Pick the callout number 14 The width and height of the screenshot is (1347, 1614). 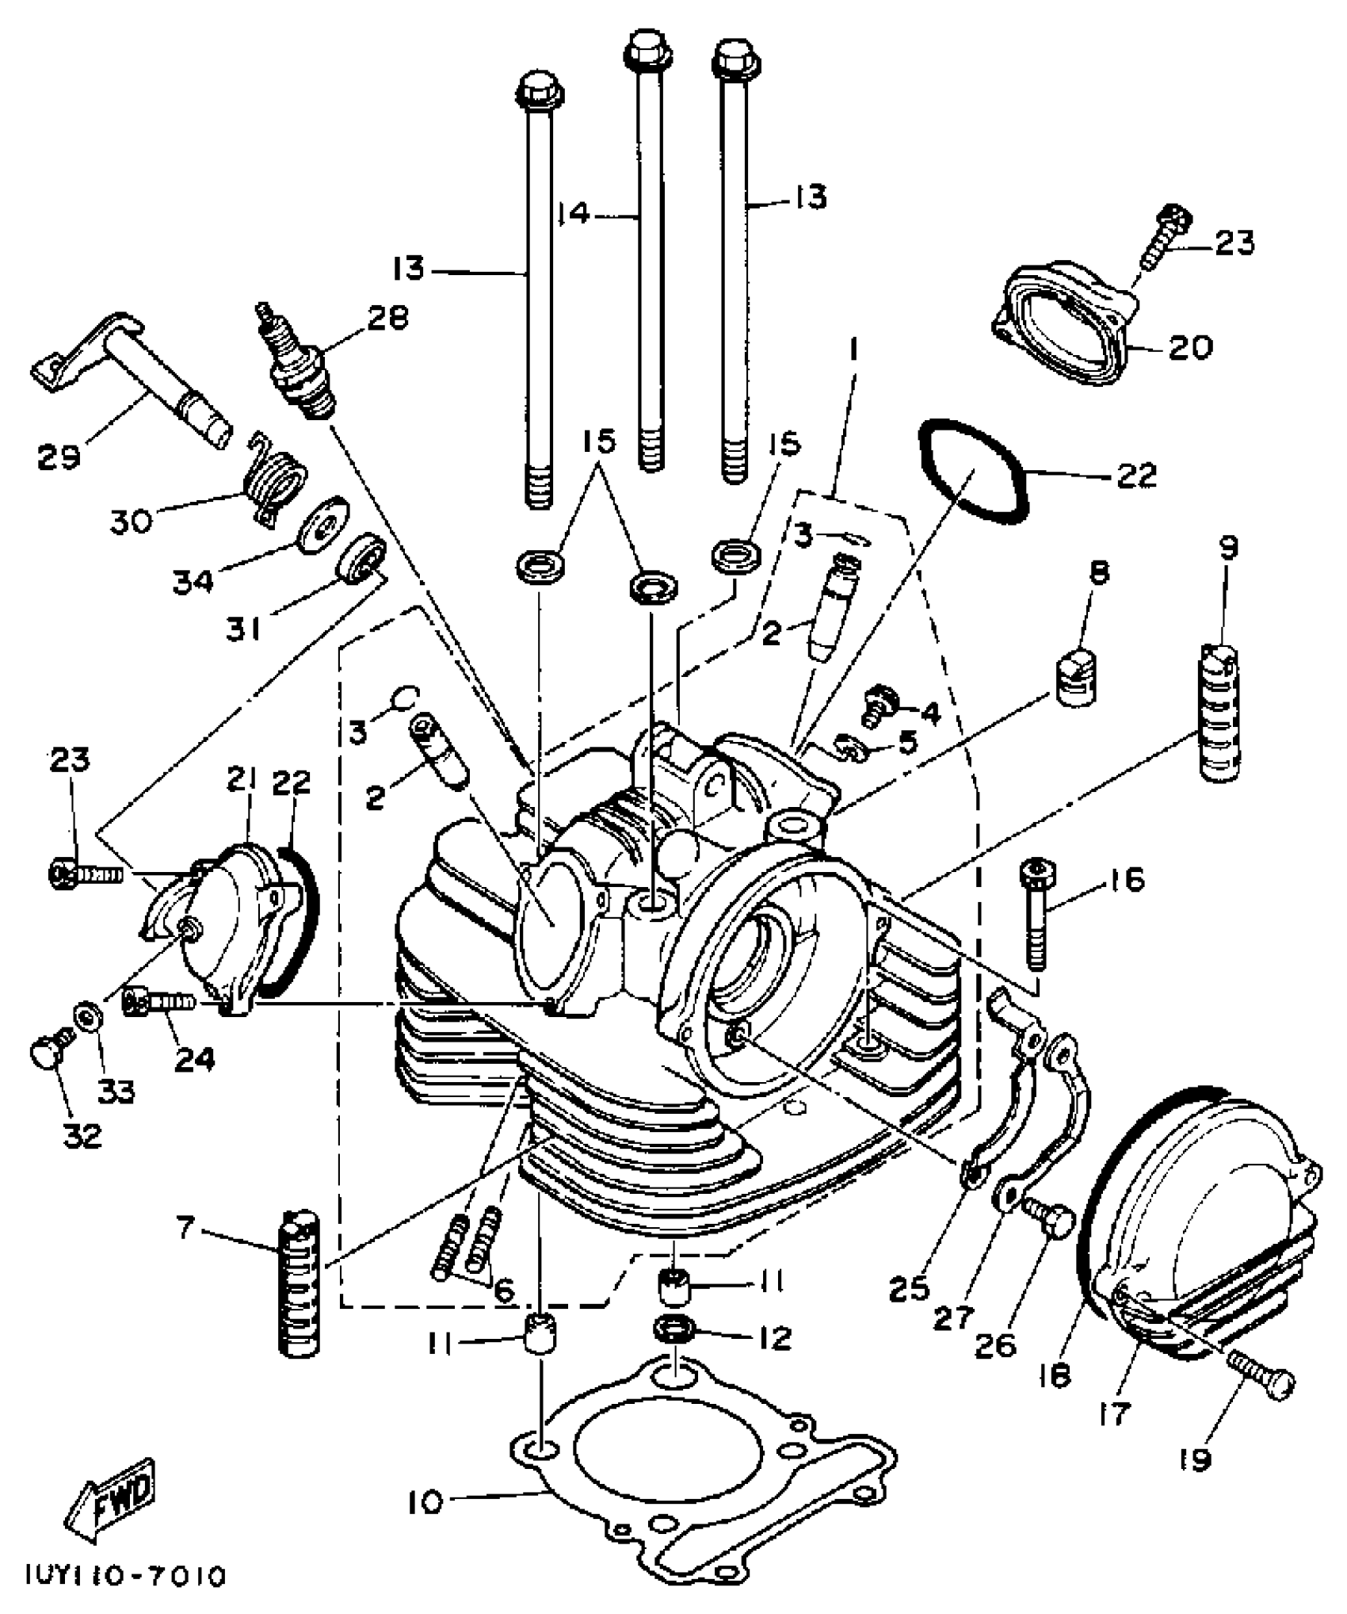click(x=573, y=213)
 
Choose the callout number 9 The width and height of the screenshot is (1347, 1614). click(x=1228, y=549)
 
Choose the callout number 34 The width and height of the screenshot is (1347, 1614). click(x=193, y=581)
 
